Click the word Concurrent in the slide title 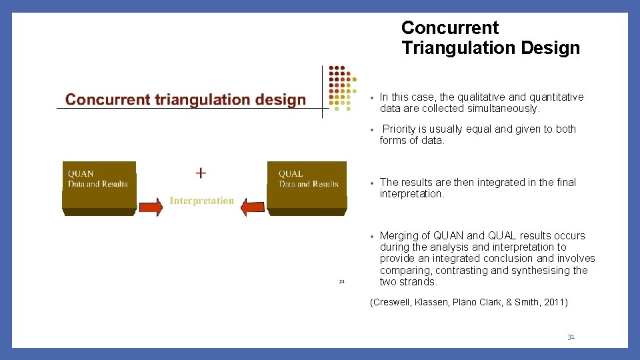[x=449, y=28]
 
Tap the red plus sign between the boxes [x=201, y=173]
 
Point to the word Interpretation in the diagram [x=201, y=200]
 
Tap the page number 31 [x=571, y=337]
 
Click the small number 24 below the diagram [x=341, y=281]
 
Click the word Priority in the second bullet [x=399, y=129]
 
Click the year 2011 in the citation [x=553, y=302]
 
